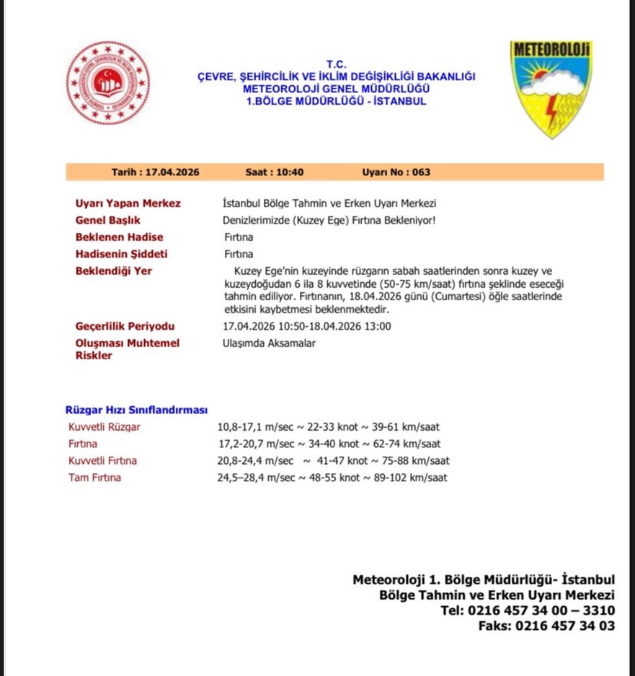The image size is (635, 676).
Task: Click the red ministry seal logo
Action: (108, 83)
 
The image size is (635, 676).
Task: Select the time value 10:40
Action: (289, 172)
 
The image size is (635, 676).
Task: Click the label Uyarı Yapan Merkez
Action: (128, 203)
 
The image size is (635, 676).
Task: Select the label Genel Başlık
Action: (107, 220)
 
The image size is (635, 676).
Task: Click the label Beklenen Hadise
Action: (119, 237)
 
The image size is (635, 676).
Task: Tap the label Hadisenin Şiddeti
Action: (121, 254)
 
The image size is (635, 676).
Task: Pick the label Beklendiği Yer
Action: (113, 271)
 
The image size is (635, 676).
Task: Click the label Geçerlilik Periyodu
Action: (125, 326)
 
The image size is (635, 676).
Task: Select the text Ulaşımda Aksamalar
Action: (269, 343)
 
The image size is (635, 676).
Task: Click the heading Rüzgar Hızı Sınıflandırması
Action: (136, 410)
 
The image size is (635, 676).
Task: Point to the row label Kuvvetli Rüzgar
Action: (105, 426)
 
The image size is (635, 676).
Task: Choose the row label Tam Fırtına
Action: (94, 478)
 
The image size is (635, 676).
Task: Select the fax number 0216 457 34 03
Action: (564, 625)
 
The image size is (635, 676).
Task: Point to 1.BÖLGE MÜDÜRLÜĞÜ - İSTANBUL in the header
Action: (336, 101)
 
